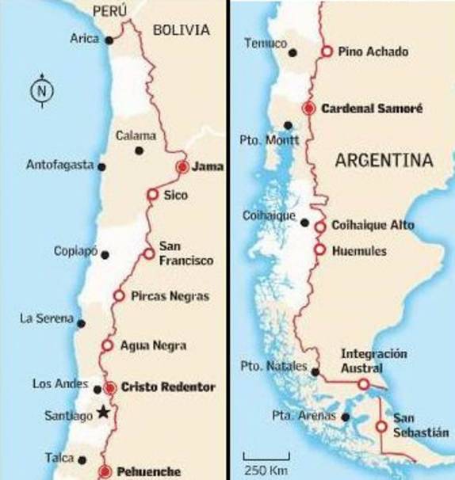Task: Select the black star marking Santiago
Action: point(102,412)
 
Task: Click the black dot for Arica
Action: point(109,38)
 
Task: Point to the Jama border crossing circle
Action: point(182,166)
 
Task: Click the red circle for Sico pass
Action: point(151,195)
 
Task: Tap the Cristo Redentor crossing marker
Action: point(109,387)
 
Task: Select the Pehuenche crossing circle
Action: point(105,472)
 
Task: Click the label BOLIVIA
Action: point(182,31)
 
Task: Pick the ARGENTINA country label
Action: point(384,161)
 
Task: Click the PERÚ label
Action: point(109,10)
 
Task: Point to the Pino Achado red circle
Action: point(325,52)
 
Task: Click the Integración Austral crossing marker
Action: point(363,383)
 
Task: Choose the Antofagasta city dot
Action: point(101,166)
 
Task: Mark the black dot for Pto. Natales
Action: point(315,371)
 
